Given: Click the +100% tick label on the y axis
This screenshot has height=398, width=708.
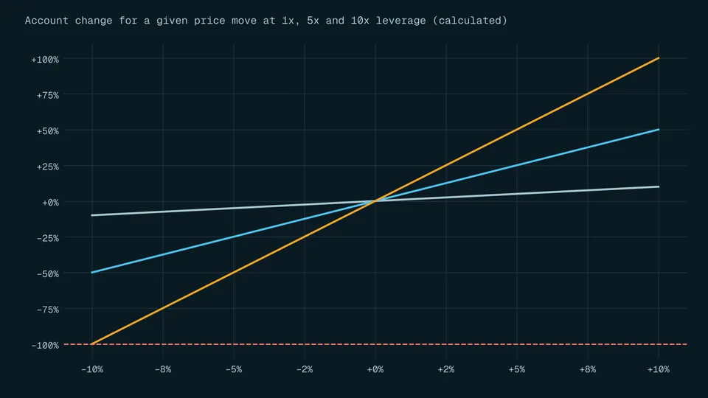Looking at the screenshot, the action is pyautogui.click(x=45, y=60).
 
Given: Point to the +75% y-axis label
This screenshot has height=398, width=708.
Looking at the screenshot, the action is pyautogui.click(x=48, y=95).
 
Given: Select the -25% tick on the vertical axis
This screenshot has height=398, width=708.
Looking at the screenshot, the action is pyautogui.click(x=48, y=238).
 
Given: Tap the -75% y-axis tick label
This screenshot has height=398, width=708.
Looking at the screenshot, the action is pyautogui.click(x=48, y=310).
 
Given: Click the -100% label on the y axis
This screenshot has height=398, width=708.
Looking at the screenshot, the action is pyautogui.click(x=45, y=346).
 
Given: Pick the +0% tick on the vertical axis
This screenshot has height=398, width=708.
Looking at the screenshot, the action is pyautogui.click(x=51, y=203).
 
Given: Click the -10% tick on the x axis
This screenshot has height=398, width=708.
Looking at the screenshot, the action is pyautogui.click(x=92, y=369).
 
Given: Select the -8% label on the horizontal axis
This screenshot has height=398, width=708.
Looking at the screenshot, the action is pyautogui.click(x=163, y=369).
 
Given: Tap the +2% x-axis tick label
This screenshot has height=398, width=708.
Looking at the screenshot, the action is pyautogui.click(x=446, y=369).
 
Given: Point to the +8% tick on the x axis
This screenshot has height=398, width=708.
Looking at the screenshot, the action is pyautogui.click(x=588, y=369).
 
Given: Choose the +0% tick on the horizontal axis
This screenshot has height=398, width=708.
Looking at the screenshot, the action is pyautogui.click(x=375, y=369).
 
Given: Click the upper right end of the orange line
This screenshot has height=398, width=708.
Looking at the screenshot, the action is pyautogui.click(x=659, y=58).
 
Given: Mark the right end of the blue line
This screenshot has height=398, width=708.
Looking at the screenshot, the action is pyautogui.click(x=659, y=130).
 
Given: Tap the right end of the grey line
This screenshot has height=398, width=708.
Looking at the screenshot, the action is pyautogui.click(x=659, y=186).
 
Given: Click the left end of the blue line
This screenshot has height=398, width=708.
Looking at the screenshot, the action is pyautogui.click(x=92, y=273).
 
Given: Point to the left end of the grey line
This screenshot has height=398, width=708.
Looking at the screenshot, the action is pyautogui.click(x=92, y=215).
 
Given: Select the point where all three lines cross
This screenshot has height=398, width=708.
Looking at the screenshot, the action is pyautogui.click(x=375, y=201).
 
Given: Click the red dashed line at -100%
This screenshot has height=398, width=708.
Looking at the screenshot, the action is pyautogui.click(x=375, y=344).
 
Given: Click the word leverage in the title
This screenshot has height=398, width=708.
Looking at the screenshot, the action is pyautogui.click(x=400, y=21).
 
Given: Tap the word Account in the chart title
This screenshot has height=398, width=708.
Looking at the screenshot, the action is pyautogui.click(x=46, y=21).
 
